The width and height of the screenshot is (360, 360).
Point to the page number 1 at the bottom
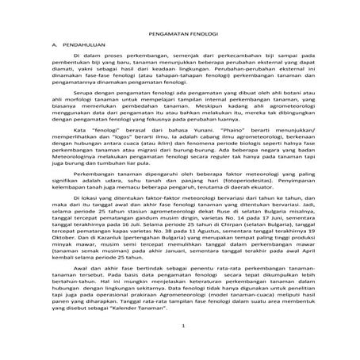182,347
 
